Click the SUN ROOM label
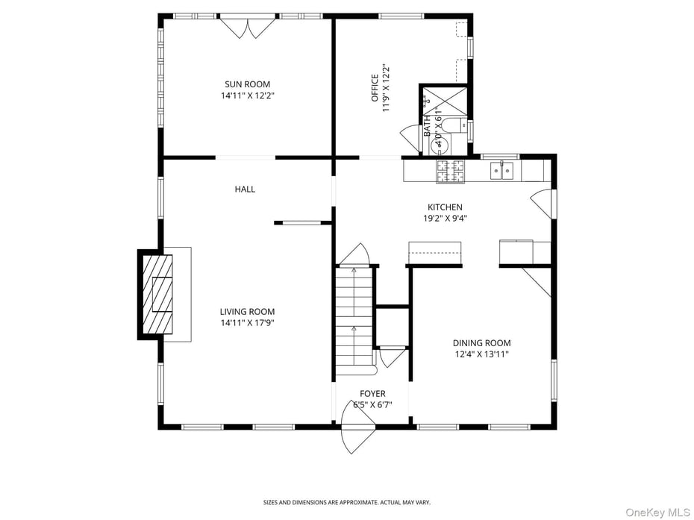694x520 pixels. pos(247,84)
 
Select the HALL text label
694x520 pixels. pos(245,189)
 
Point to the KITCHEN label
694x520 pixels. pos(445,207)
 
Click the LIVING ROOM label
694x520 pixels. pos(247,312)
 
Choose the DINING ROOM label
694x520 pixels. pos(481,343)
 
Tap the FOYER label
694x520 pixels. pos(372,394)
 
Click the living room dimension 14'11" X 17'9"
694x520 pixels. pos(247,323)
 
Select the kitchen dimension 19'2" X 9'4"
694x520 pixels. pos(445,219)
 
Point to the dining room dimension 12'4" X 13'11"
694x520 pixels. pos(481,354)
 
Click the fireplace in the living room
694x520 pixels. pos(159,294)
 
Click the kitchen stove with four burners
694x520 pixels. pos(450,171)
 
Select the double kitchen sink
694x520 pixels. pos(501,172)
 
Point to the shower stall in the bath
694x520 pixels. pos(445,100)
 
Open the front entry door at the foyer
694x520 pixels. pos(358,429)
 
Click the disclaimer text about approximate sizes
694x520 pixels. pos(346,502)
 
